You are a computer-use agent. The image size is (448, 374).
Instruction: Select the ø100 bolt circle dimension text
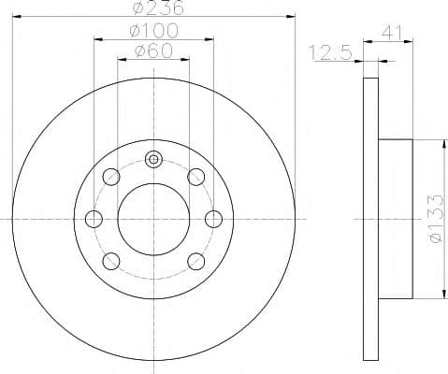pos(153,30)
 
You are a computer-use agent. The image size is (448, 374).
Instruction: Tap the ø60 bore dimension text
pos(153,50)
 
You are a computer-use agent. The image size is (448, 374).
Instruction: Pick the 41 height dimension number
pos(394,35)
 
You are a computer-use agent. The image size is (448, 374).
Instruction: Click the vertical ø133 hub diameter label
pos(432,220)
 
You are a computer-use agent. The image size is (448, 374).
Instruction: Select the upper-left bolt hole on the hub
pos(111,176)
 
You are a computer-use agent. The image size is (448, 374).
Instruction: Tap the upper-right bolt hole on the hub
pos(195,176)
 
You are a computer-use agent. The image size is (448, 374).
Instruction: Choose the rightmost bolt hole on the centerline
pos(213,219)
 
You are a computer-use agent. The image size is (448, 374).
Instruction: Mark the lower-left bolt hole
pos(111,261)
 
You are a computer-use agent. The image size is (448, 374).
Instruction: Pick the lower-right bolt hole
pos(195,261)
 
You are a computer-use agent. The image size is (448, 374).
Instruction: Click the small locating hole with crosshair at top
pos(153,159)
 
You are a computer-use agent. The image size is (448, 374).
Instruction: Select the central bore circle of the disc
pos(153,219)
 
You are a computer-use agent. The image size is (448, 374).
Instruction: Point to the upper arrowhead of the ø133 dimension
pos(440,144)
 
